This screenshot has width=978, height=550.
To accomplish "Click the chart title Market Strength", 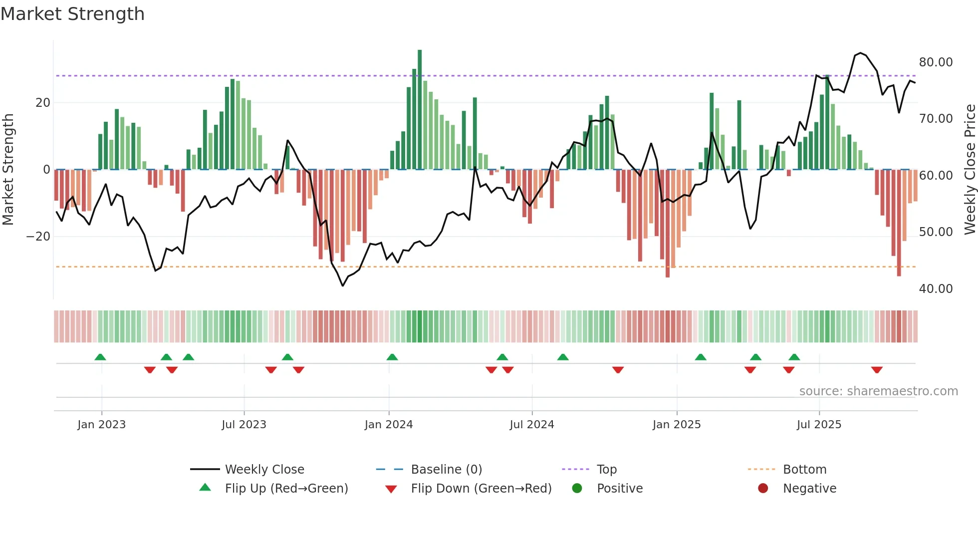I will point(73,14).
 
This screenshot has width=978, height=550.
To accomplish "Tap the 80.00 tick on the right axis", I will point(936,62).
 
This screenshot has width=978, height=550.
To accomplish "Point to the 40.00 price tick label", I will point(936,289).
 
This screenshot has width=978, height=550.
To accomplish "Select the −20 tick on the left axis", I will point(38,237).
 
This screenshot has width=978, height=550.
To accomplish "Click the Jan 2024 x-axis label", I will point(389,425).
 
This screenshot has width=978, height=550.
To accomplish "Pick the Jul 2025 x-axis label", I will point(819,425).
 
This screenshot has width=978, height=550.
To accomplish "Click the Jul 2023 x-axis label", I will point(244,425).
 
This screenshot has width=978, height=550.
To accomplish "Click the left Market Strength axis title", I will point(8,170).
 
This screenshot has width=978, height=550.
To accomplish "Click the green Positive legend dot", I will point(577,489).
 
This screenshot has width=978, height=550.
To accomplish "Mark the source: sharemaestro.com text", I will point(878,391).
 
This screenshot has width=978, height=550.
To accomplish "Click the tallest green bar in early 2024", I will point(420,110).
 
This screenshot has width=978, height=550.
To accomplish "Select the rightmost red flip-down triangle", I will point(877,370).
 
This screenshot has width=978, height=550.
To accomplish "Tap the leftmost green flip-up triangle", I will point(100,357).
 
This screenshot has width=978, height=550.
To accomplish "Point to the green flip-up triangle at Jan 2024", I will point(392,357).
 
